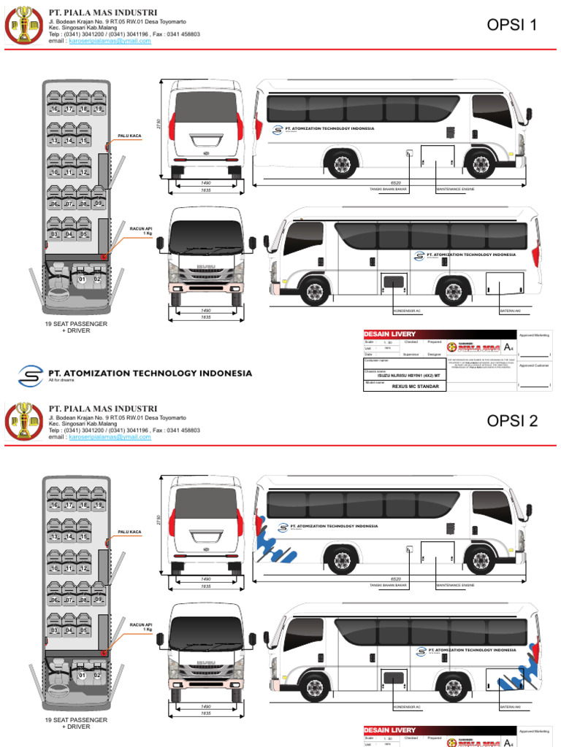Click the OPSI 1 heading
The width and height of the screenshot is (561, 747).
511,26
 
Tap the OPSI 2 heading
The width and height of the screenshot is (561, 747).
511,421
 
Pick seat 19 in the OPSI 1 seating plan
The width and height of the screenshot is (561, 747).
98,109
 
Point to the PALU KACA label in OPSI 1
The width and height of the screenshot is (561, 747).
129,136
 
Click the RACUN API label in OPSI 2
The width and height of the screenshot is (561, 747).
141,626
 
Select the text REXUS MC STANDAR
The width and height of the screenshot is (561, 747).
415,386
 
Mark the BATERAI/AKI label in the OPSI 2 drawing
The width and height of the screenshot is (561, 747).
509,706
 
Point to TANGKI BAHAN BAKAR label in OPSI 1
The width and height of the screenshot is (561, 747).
388,189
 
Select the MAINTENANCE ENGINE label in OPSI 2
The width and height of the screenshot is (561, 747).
455,585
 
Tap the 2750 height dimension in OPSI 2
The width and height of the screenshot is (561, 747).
159,519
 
